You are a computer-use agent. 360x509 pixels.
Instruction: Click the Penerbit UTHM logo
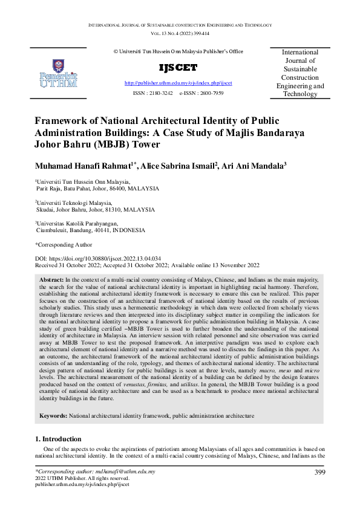click(x=58, y=73)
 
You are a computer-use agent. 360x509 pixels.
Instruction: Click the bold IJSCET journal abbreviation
click(x=178, y=67)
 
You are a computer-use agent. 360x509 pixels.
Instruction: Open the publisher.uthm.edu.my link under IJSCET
click(x=178, y=82)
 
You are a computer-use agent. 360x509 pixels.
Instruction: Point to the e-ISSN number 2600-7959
click(x=209, y=94)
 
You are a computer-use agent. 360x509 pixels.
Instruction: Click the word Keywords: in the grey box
click(x=53, y=417)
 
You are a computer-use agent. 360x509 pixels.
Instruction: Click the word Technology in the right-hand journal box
click(x=300, y=94)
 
